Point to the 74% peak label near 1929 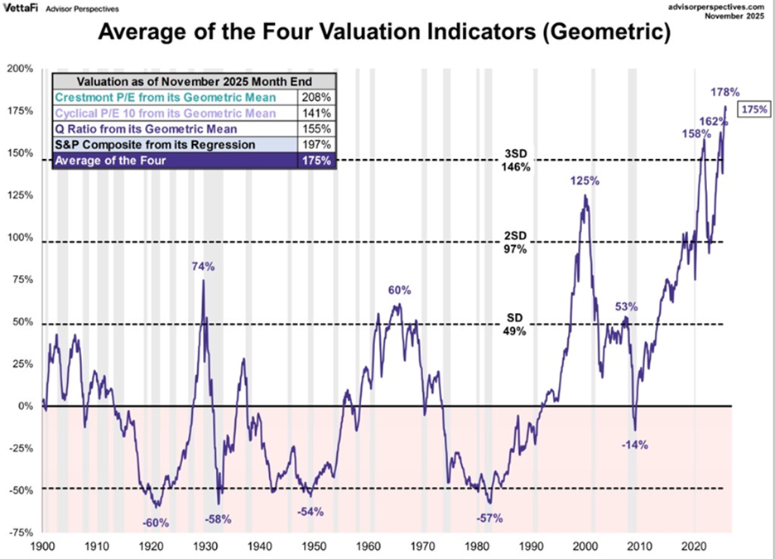tap(204, 267)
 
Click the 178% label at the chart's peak tap(726, 91)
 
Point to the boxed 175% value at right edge tap(753, 109)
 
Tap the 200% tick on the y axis tap(19, 69)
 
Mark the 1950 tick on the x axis tap(314, 547)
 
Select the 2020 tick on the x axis tap(693, 547)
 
